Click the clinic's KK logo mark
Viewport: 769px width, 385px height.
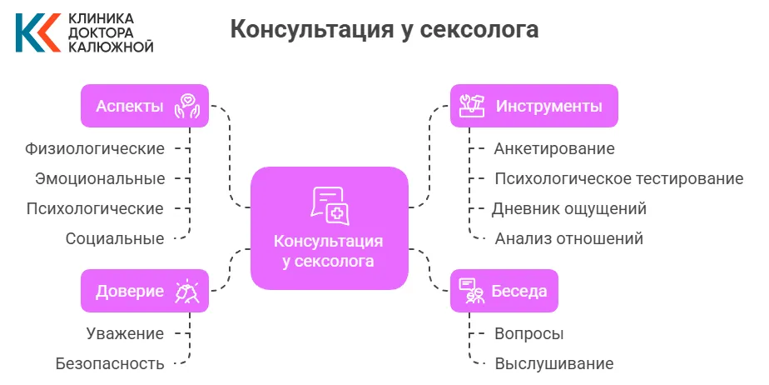(36, 32)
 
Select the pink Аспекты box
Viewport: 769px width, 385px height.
(144, 106)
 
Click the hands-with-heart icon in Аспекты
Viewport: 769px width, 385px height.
(187, 107)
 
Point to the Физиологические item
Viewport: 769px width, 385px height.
(94, 148)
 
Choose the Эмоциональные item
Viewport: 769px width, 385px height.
(100, 178)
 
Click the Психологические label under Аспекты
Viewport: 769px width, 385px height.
(95, 208)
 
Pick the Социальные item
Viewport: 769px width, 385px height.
(115, 238)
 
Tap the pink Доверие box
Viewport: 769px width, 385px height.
(144, 291)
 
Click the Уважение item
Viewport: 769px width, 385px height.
(125, 333)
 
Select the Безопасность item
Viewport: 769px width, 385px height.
(110, 363)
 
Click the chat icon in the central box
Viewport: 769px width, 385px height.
(329, 205)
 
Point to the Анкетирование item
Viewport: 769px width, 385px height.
(553, 149)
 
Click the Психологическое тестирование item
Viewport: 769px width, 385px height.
(618, 178)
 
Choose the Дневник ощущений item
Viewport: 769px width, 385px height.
(569, 208)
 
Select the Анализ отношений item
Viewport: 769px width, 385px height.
(568, 238)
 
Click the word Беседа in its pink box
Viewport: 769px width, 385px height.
(519, 291)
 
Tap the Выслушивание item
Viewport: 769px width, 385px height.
(553, 363)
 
